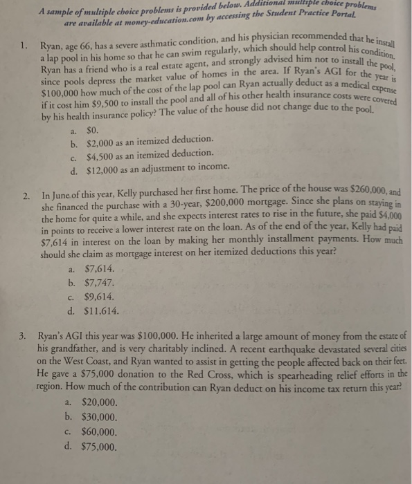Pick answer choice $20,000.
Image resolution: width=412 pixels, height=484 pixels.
pyautogui.click(x=100, y=403)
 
